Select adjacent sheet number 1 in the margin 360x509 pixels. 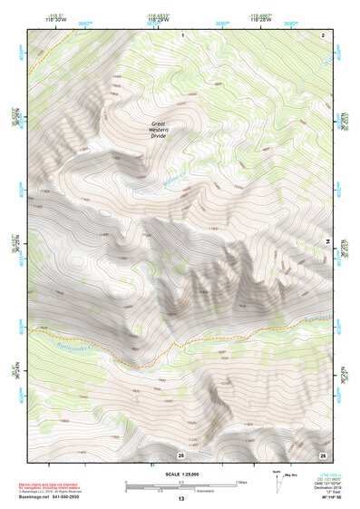point(183,34)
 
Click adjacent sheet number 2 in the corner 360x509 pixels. point(323,34)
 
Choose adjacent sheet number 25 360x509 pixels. point(180,455)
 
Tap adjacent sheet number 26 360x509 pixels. point(323,455)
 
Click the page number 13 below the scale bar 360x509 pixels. point(180,499)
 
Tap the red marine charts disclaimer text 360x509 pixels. point(57,485)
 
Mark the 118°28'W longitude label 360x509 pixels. point(259,18)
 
